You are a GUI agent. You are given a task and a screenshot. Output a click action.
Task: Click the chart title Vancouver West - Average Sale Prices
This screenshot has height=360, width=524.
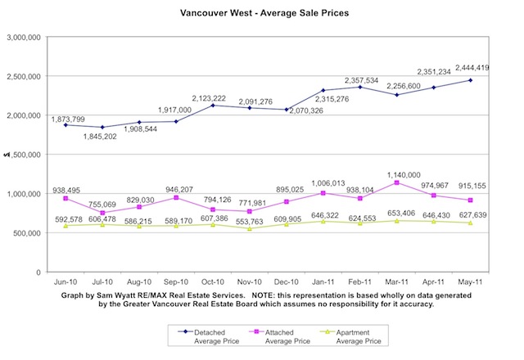pyautogui.click(x=261, y=14)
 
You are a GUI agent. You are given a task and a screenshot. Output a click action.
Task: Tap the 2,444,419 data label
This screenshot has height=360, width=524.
pyautogui.click(x=476, y=69)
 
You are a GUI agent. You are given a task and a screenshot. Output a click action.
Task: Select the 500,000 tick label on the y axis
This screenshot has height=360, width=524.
pyautogui.click(x=29, y=233)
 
